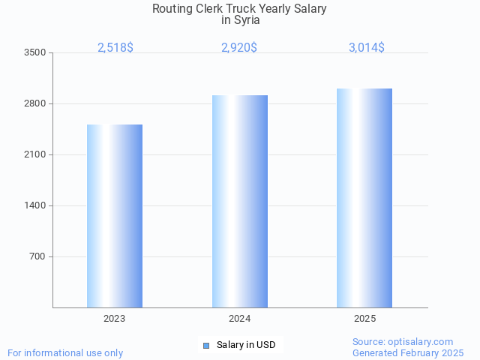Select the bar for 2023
click(115, 216)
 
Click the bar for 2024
click(240, 201)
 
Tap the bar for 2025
click(364, 198)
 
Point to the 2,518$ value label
click(115, 47)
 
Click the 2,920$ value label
click(239, 47)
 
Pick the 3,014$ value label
click(367, 47)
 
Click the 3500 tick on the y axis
click(35, 52)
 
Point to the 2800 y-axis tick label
click(35, 103)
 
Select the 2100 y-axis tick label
click(35, 154)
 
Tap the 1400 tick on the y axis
click(35, 205)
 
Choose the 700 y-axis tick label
click(37, 256)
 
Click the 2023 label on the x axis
click(115, 319)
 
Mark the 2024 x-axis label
click(240, 319)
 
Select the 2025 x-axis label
click(365, 319)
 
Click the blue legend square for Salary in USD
click(206, 345)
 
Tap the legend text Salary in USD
click(246, 345)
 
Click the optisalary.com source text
click(420, 341)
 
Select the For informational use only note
click(65, 352)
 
